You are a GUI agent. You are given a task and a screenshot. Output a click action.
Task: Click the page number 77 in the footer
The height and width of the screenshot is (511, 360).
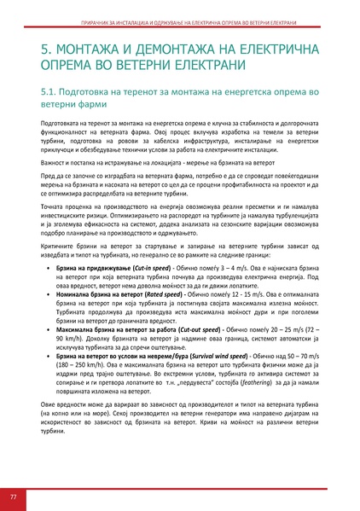pyautogui.click(x=14, y=496)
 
